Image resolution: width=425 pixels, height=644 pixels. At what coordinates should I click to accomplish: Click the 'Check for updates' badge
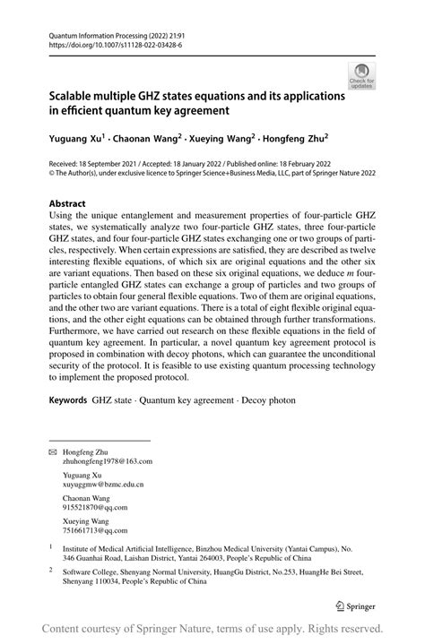pos(362,75)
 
